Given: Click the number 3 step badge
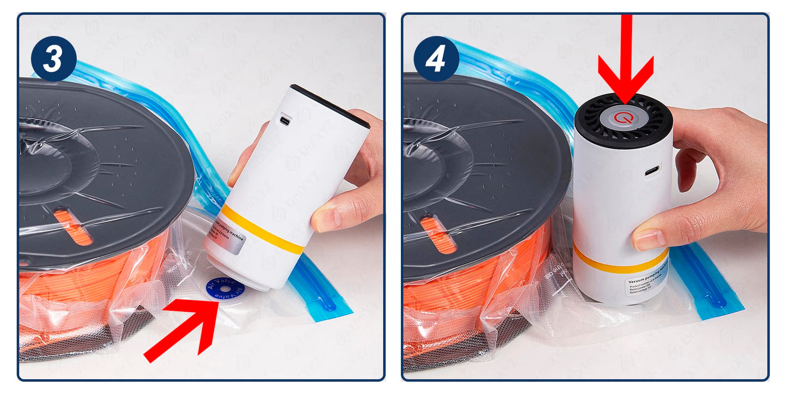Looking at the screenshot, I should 53,59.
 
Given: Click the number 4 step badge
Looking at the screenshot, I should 436,59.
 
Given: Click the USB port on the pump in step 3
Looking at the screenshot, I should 284,118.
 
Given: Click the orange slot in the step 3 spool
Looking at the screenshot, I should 73,227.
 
